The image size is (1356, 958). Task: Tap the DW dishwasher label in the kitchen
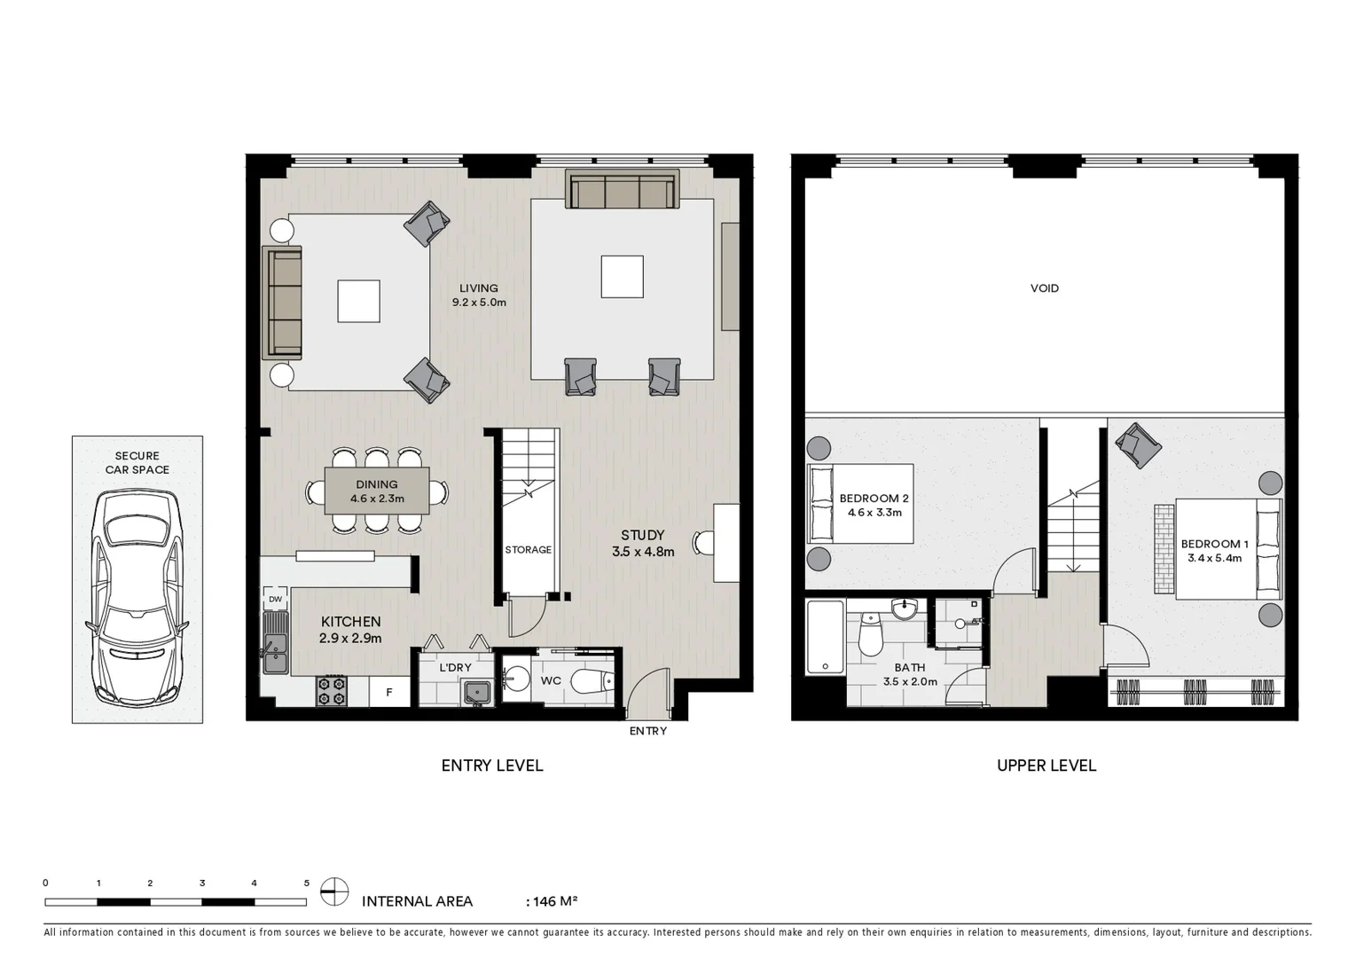pyautogui.click(x=275, y=600)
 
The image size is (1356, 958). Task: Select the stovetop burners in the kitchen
pyautogui.click(x=332, y=691)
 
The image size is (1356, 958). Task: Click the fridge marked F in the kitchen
pyautogui.click(x=388, y=693)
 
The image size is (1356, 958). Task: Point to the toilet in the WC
pyautogui.click(x=592, y=681)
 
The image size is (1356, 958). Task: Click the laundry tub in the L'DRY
pyautogui.click(x=476, y=692)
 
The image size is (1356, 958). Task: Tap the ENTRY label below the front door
pyautogui.click(x=647, y=731)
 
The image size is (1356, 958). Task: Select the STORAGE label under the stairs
pyautogui.click(x=528, y=550)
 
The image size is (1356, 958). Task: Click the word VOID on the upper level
pyautogui.click(x=1044, y=288)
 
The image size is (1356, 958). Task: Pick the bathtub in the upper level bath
pyautogui.click(x=825, y=638)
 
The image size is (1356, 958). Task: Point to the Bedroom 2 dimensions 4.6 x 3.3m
pyautogui.click(x=874, y=513)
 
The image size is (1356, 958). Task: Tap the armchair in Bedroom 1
pyautogui.click(x=1138, y=444)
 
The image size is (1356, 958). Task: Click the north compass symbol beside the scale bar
pyautogui.click(x=334, y=891)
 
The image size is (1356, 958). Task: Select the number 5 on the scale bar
pyautogui.click(x=307, y=883)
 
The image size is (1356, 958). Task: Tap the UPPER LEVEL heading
pyautogui.click(x=1046, y=766)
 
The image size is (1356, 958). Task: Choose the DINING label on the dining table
pyautogui.click(x=376, y=484)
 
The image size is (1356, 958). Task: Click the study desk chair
pyautogui.click(x=703, y=541)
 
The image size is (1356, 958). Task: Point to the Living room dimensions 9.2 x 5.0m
pyautogui.click(x=479, y=302)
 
